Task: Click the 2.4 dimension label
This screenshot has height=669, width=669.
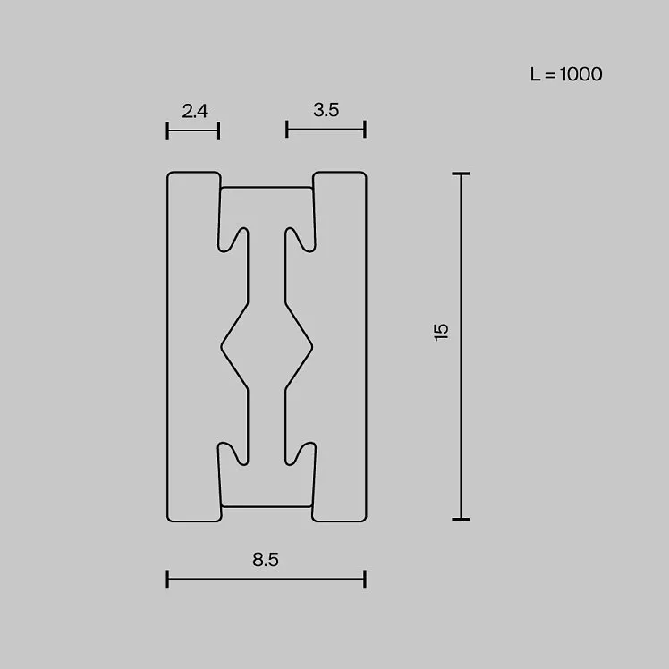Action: pyautogui.click(x=195, y=112)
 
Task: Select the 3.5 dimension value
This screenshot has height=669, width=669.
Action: pyautogui.click(x=326, y=110)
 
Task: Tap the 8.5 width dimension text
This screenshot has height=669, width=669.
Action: pyautogui.click(x=266, y=560)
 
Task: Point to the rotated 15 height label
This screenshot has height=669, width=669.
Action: pyautogui.click(x=441, y=332)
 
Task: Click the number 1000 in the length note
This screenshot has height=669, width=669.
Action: pyautogui.click(x=581, y=74)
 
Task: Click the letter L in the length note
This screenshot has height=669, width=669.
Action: pyautogui.click(x=535, y=74)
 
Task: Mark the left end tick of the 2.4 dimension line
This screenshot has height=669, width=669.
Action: pyautogui.click(x=167, y=130)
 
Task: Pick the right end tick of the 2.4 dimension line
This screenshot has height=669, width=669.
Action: pyautogui.click(x=218, y=130)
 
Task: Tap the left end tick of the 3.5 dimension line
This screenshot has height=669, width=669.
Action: pyautogui.click(x=287, y=129)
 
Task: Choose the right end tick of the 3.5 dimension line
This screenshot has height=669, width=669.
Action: pyautogui.click(x=365, y=129)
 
